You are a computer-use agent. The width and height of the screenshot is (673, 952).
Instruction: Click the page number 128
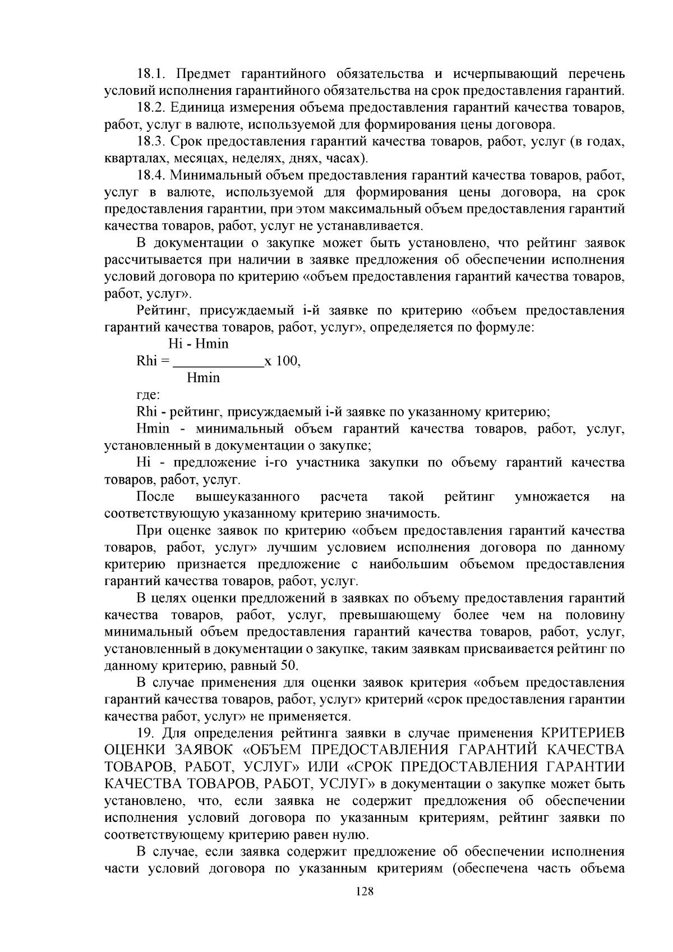364,908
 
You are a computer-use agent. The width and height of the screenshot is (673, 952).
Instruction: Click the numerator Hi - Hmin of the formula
198,344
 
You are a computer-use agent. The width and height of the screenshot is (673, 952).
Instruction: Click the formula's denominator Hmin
203,378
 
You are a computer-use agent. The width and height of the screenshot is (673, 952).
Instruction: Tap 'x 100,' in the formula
282,361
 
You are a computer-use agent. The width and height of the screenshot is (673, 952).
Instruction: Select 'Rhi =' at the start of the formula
153,361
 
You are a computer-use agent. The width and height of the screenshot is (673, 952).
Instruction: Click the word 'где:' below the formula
148,395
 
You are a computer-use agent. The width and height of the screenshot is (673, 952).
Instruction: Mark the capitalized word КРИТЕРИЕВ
582,733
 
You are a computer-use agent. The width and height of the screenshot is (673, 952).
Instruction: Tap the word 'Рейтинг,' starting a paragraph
160,310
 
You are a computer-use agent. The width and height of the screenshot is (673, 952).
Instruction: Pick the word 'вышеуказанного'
247,496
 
